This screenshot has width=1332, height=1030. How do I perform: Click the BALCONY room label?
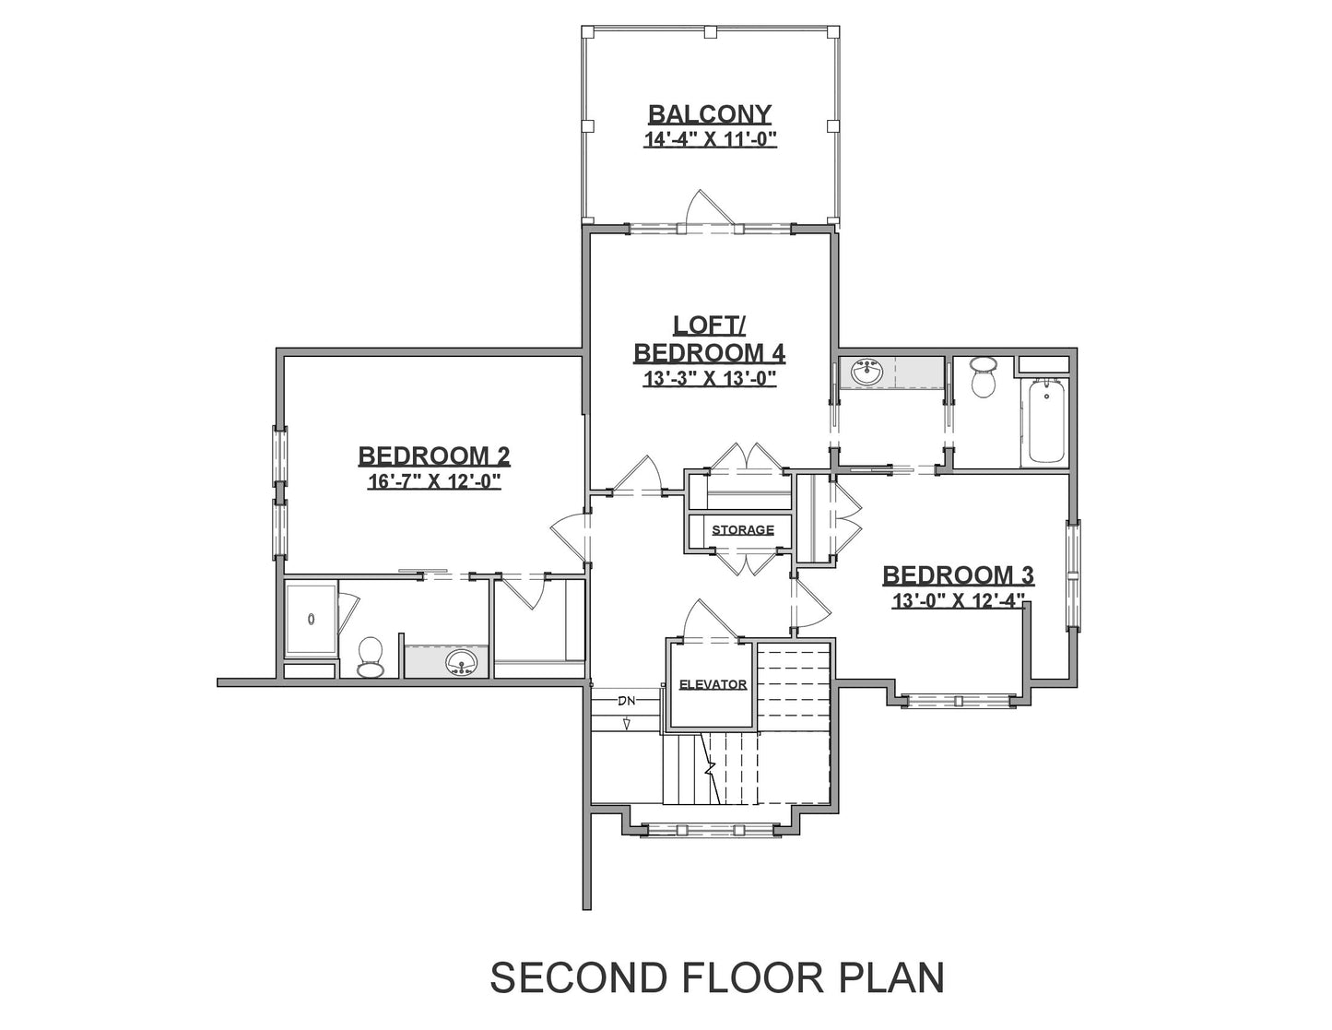[710, 114]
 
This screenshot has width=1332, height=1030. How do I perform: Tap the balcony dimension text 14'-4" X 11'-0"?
[710, 140]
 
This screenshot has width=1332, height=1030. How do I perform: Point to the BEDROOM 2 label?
[434, 456]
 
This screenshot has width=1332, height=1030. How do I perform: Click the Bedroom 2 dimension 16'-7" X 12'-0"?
[434, 481]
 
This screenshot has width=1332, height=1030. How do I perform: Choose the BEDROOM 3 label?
[958, 575]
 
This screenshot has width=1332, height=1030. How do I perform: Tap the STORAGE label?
[743, 529]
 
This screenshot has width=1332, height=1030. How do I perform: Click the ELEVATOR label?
[713, 684]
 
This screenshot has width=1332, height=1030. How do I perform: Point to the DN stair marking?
[627, 701]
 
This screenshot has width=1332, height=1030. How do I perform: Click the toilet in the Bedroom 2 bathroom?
[370, 657]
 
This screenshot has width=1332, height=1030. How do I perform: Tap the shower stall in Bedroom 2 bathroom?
[311, 621]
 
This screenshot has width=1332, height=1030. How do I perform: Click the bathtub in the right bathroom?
[1045, 421]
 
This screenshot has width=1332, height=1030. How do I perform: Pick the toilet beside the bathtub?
[984, 376]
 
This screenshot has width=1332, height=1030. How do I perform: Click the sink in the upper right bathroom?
[866, 373]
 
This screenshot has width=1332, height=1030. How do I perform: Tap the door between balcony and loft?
[709, 210]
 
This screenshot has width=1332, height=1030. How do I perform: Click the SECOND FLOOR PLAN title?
[717, 977]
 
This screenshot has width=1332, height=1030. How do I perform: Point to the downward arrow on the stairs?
[627, 725]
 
